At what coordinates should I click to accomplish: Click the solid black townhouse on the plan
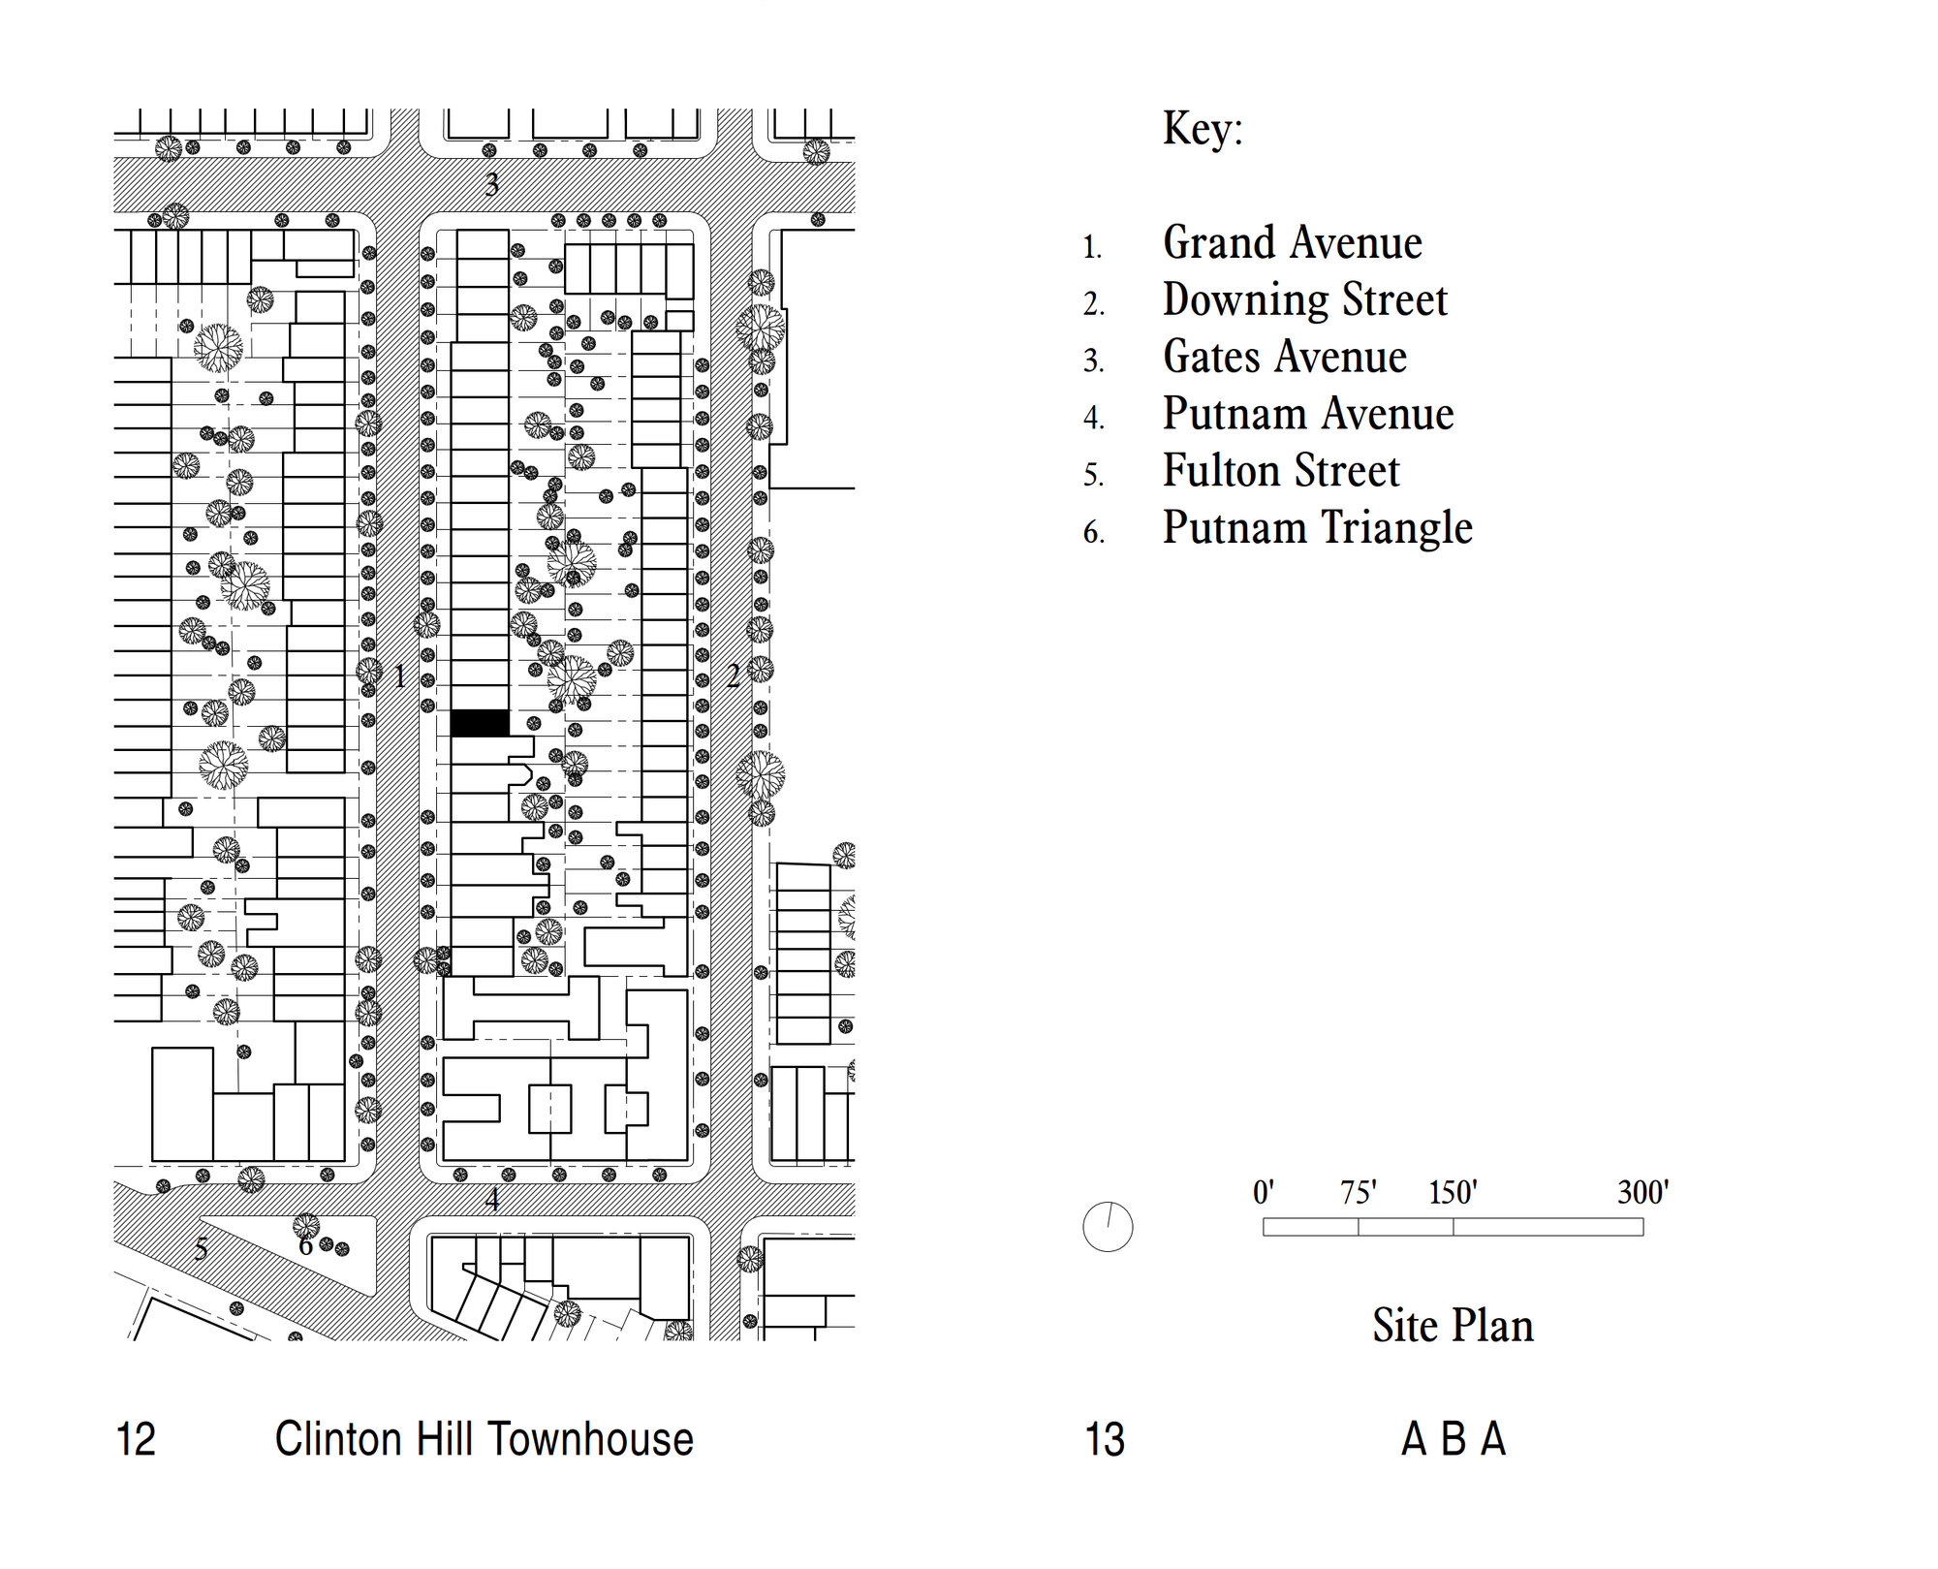[x=480, y=723]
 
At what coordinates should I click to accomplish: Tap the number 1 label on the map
[x=400, y=676]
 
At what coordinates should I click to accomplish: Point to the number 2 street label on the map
[x=734, y=675]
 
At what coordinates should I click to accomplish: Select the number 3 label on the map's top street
[x=492, y=184]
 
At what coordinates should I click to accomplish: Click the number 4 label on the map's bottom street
[x=492, y=1200]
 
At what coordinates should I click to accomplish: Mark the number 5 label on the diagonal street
[x=201, y=1249]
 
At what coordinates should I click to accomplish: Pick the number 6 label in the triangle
[x=305, y=1246]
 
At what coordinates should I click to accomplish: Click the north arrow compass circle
[x=1108, y=1227]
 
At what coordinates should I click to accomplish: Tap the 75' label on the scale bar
[x=1358, y=1192]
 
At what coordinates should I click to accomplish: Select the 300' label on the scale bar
[x=1642, y=1192]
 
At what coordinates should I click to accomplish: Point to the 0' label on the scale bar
[x=1263, y=1192]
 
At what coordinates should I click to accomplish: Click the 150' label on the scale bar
[x=1453, y=1192]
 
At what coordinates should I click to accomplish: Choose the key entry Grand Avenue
[x=1292, y=242]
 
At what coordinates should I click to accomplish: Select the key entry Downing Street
[x=1304, y=299]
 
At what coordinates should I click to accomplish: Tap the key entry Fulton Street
[x=1281, y=471]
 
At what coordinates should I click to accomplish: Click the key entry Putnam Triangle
[x=1317, y=528]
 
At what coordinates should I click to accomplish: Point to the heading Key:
[x=1203, y=129]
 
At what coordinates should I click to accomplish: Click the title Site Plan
[x=1453, y=1325]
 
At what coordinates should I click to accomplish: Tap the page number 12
[x=136, y=1439]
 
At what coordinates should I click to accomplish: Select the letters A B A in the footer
[x=1453, y=1439]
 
